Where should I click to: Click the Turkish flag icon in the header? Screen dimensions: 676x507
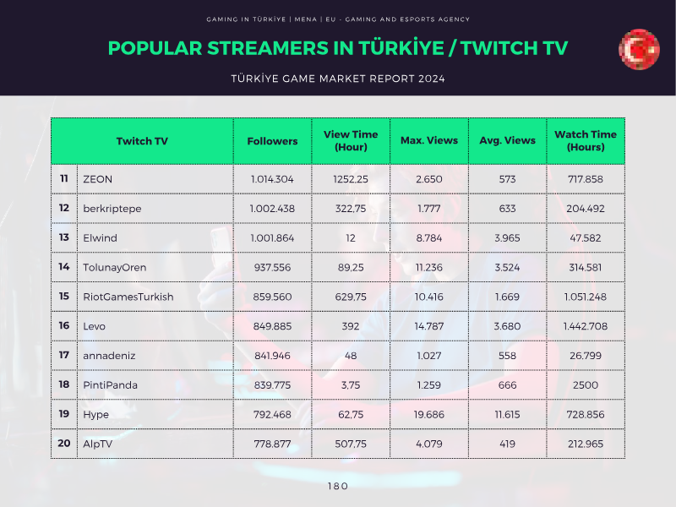[x=639, y=49]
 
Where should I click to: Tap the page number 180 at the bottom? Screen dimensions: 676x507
[x=337, y=487]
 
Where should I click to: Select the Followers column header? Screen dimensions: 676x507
[x=272, y=141]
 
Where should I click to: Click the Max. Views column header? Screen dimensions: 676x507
[x=429, y=140]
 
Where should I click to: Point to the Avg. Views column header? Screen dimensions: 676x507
[x=508, y=140]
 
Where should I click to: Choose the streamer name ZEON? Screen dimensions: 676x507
[x=97, y=179]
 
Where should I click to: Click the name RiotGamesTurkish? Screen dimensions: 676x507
[x=128, y=297]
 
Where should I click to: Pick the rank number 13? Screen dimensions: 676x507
[x=64, y=237]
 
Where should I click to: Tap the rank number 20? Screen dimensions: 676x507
[x=64, y=443]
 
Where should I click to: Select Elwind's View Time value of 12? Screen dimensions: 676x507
[x=351, y=238]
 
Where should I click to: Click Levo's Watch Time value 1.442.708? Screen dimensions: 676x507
[x=586, y=326]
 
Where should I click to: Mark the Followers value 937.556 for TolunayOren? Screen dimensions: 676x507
[x=272, y=267]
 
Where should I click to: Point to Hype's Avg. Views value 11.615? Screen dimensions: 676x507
[x=508, y=414]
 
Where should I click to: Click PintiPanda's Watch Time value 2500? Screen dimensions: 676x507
[x=586, y=385]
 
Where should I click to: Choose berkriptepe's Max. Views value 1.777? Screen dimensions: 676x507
[x=429, y=209]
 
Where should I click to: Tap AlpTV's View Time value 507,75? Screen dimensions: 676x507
[x=351, y=444]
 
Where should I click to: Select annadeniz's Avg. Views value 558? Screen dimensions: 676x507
[x=508, y=356]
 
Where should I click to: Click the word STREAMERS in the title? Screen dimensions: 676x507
[x=268, y=48]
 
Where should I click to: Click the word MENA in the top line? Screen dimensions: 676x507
[x=306, y=19]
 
